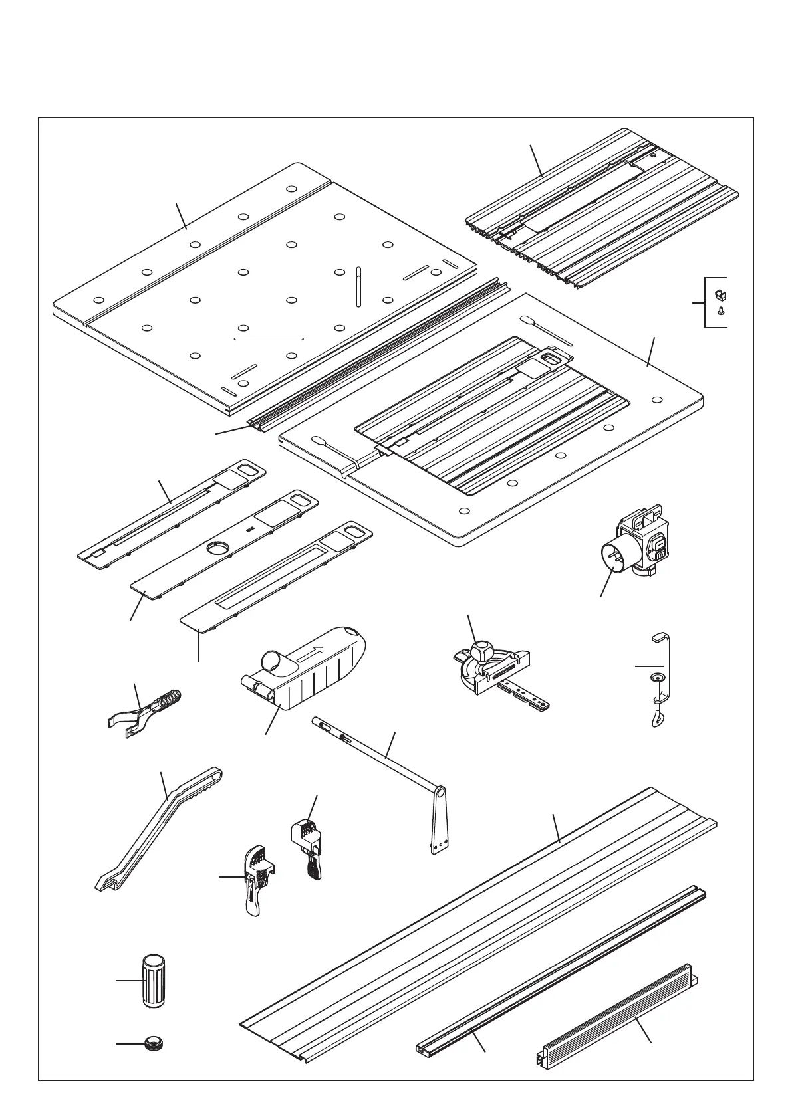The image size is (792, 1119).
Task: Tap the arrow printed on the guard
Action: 311,652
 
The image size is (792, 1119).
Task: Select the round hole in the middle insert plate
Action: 217,547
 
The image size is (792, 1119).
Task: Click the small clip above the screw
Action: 719,293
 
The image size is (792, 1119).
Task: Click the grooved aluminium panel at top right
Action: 602,209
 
